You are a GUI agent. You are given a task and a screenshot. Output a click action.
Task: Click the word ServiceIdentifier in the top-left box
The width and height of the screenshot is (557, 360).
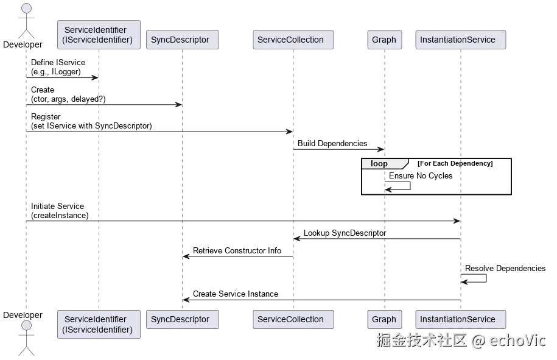click(x=96, y=30)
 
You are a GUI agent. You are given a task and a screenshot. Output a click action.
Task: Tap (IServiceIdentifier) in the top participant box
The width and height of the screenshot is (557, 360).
click(x=97, y=40)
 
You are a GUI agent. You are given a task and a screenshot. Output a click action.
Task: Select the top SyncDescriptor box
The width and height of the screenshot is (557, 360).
click(x=180, y=40)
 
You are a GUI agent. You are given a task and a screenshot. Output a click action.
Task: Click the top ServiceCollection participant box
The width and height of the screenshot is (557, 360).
click(x=290, y=40)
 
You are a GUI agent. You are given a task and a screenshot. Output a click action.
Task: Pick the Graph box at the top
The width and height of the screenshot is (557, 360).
click(x=384, y=40)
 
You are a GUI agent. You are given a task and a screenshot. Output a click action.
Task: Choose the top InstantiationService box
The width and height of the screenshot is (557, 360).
click(x=458, y=40)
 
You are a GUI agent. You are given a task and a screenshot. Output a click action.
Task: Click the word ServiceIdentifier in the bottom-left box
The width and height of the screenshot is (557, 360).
click(x=96, y=319)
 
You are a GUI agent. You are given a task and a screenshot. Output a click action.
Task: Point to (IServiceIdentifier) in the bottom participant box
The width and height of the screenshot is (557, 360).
click(x=97, y=330)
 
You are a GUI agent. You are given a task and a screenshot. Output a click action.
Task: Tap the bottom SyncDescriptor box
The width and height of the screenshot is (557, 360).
click(x=180, y=320)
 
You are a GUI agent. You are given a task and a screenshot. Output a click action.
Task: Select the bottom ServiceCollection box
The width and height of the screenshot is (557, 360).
click(x=290, y=320)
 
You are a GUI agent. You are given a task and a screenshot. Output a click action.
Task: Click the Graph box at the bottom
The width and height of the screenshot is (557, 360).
click(x=384, y=320)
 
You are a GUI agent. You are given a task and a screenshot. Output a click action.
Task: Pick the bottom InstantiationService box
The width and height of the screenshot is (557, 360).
click(x=458, y=320)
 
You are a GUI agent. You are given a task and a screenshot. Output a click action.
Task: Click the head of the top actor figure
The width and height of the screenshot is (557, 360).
click(x=26, y=8)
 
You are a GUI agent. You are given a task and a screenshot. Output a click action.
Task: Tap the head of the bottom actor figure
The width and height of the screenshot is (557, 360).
click(x=26, y=325)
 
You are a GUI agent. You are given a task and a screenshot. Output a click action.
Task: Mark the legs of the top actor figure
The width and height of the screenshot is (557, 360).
click(x=26, y=33)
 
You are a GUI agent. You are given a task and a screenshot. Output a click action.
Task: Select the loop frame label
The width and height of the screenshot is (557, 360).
click(x=379, y=164)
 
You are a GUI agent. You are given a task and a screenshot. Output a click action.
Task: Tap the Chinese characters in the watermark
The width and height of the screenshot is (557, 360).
click(x=421, y=340)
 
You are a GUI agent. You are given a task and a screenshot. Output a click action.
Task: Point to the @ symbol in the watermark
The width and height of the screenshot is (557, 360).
click(x=478, y=340)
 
